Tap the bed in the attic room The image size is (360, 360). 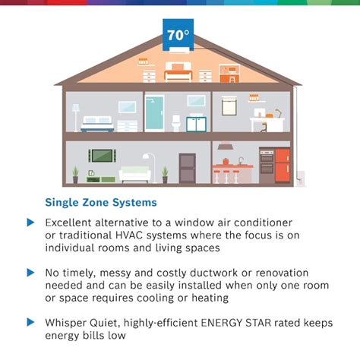tap(177, 74)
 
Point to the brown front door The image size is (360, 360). tap(187, 167)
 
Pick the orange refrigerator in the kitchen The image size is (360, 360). tap(282, 165)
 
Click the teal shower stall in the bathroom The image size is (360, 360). tap(154, 114)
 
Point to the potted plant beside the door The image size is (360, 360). tap(165, 173)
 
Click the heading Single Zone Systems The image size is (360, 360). tap(101, 203)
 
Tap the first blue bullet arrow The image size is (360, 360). tap(30, 223)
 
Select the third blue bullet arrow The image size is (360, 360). tap(30, 321)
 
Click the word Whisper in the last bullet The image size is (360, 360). tap(65, 321)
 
